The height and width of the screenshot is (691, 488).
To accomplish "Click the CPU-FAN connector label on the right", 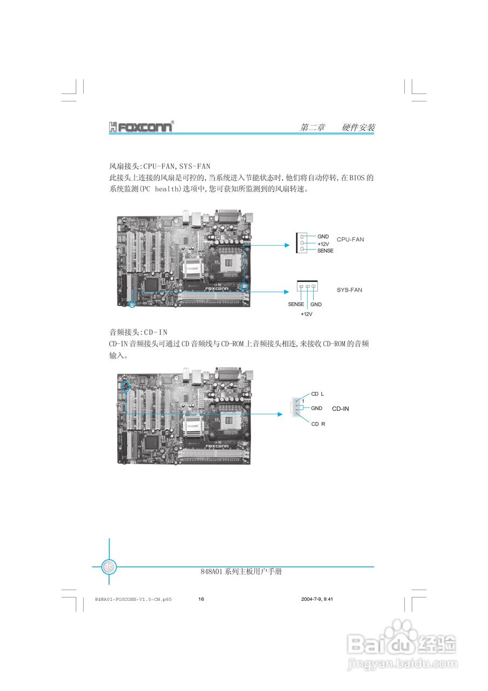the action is coord(350,239).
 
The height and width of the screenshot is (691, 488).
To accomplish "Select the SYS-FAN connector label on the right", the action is coord(349,290).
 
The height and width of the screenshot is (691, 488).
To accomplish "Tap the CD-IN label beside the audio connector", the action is coord(340,409).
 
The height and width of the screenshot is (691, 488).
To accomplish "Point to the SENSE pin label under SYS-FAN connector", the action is coord(296,304).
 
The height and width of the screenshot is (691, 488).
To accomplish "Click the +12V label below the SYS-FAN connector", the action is coord(306,314).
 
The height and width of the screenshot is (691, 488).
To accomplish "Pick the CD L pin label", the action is coord(317,394).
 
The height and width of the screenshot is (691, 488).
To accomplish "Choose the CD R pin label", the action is coord(318,424).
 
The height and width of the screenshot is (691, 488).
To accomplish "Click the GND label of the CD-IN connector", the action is coord(316,408).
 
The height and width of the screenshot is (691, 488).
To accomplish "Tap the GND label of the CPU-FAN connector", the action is coord(323,236).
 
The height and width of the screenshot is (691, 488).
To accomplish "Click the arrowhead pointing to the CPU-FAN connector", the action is coord(287,245).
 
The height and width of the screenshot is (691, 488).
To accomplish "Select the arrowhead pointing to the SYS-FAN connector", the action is coord(287,292).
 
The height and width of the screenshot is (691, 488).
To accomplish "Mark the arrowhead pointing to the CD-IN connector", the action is coord(280,414).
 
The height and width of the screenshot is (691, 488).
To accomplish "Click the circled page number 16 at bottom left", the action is coord(109,566).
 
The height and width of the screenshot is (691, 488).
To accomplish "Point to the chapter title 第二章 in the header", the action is coord(313,128).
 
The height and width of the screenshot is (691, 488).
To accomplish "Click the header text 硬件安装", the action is coord(358,128).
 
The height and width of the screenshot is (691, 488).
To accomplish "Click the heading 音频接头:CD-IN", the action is coord(138,332).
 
